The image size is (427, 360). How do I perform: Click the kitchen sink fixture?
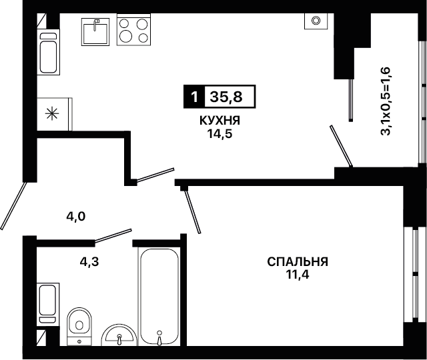95,32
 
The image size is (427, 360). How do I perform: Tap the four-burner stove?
133,29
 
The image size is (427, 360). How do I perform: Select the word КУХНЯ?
220,121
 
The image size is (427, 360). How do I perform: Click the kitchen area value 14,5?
220,133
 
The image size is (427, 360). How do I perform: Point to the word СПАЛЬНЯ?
298,262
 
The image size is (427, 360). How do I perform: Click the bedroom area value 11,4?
298,275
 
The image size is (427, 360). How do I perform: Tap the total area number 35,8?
226,97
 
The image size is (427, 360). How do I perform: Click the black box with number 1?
194,97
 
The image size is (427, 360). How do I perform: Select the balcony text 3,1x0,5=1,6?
386,101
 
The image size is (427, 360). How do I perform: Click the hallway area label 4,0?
76,217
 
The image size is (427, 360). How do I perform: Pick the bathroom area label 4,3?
89,261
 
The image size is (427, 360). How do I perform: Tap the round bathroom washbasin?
119,335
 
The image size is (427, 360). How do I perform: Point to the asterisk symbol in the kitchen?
51,114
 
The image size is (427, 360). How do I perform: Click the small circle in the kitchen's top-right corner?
316,20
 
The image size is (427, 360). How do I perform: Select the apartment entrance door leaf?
13,206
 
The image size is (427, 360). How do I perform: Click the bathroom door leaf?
113,235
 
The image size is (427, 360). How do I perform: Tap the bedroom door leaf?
193,211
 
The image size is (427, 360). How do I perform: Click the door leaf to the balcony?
341,145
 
